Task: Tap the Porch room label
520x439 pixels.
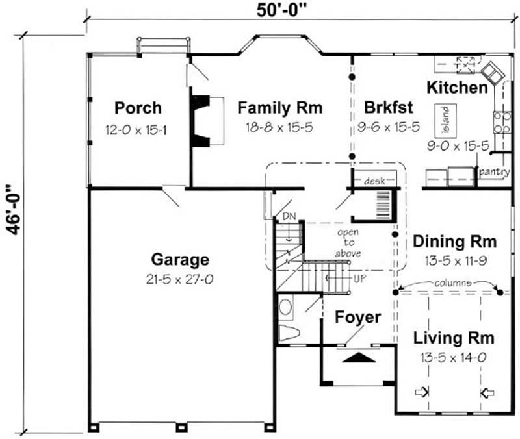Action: point(138,107)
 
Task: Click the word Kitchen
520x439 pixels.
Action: point(457,87)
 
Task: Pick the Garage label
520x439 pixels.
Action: point(180,260)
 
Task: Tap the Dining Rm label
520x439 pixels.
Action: point(455,242)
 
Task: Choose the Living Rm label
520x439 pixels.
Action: point(454,338)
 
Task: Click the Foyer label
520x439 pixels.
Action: point(357,318)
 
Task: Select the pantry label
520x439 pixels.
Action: point(493,173)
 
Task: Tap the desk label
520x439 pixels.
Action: point(375,180)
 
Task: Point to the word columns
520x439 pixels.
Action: point(449,283)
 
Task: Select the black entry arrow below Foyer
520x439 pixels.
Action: point(358,357)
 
